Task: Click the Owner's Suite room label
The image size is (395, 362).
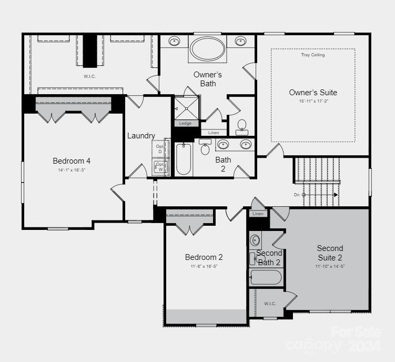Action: (x=313, y=93)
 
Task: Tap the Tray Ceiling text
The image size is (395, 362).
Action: (x=313, y=55)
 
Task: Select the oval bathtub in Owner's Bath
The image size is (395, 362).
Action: (x=208, y=48)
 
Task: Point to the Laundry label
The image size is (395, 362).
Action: (x=141, y=136)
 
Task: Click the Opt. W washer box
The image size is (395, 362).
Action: (x=159, y=167)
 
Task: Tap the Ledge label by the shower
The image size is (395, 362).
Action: (x=186, y=124)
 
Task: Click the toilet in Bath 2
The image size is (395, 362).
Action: (x=205, y=148)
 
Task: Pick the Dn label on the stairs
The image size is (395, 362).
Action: (x=297, y=195)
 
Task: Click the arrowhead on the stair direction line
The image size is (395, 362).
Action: (x=336, y=195)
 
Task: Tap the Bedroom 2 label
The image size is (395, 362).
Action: (x=204, y=257)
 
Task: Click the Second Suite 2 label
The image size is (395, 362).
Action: (x=330, y=253)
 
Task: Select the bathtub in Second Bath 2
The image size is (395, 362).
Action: (x=266, y=277)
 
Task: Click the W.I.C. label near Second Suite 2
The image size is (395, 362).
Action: (x=270, y=304)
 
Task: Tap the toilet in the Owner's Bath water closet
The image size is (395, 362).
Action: (x=242, y=126)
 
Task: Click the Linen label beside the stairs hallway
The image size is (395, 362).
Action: (x=258, y=214)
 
